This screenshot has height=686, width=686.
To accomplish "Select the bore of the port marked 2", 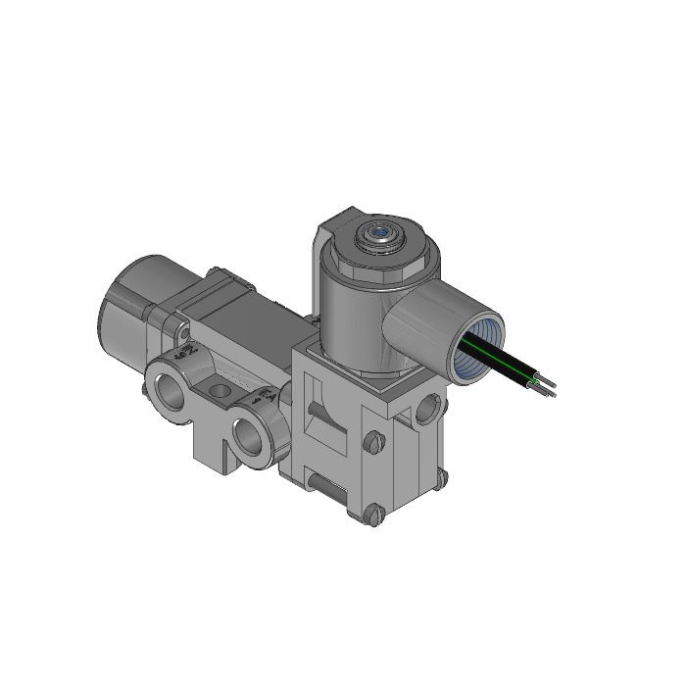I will point(171,386).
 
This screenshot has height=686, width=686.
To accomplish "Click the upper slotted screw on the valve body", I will point(373,443).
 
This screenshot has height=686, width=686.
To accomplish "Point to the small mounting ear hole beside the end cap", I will point(181,322).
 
